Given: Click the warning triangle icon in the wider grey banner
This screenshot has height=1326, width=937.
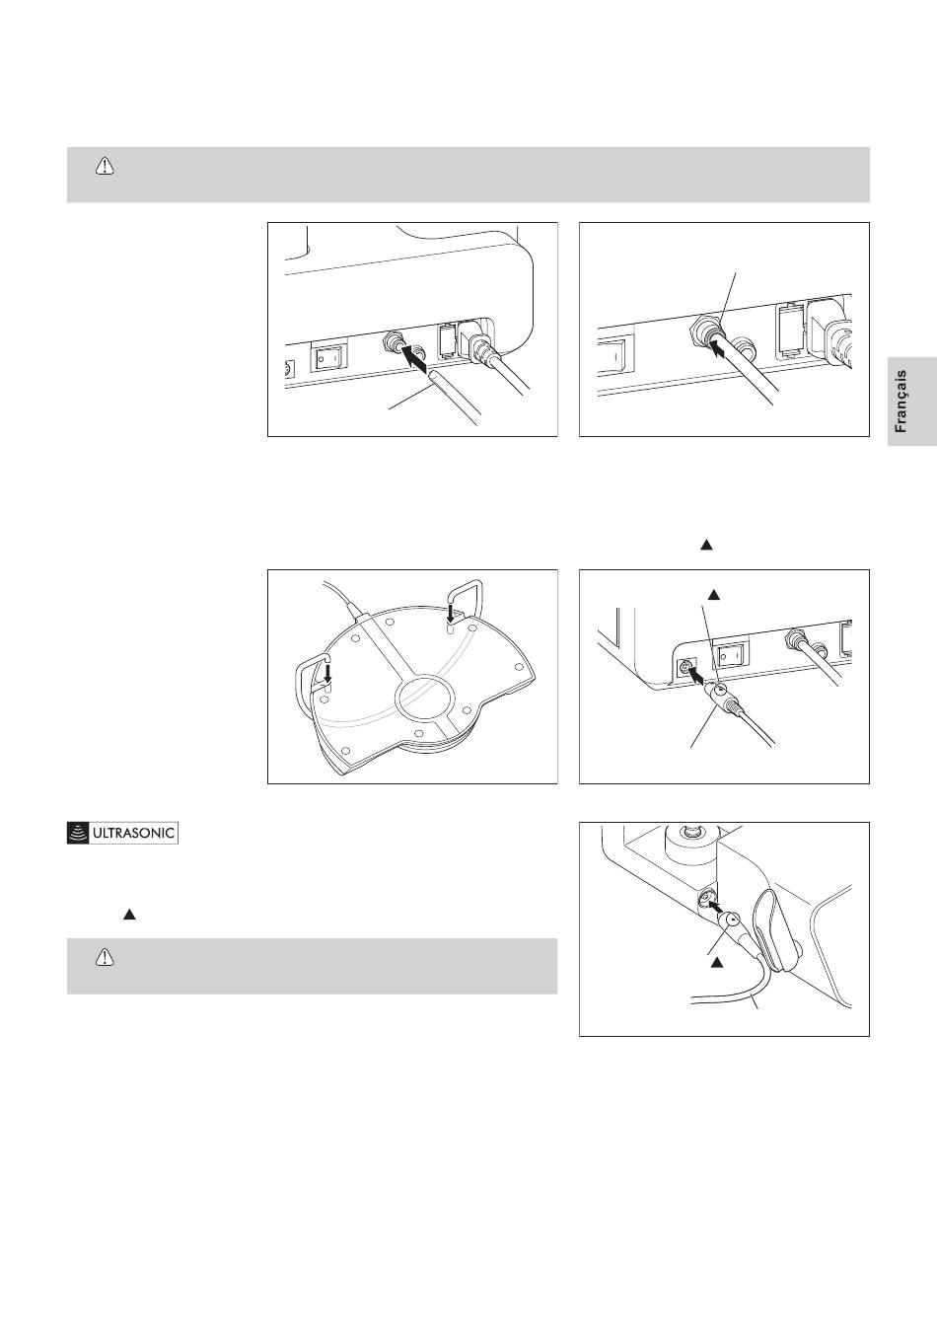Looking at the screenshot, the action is pyautogui.click(x=105, y=167).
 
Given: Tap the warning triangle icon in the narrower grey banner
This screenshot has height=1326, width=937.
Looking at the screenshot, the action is pyautogui.click(x=105, y=957).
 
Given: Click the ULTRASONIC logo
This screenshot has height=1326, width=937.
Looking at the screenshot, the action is pyautogui.click(x=122, y=834).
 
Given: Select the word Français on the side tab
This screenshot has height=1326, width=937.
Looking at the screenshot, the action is pyautogui.click(x=901, y=402).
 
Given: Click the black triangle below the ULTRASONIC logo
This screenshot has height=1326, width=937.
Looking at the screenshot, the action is pyautogui.click(x=129, y=915).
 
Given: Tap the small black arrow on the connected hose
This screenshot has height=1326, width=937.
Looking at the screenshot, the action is pyautogui.click(x=718, y=349).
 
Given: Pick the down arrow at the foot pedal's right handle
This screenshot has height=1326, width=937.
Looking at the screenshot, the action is pyautogui.click(x=452, y=612).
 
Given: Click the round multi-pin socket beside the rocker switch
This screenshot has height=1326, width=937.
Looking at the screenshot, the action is pyautogui.click(x=685, y=669).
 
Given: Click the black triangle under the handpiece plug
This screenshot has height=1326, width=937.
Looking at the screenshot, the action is pyautogui.click(x=716, y=963).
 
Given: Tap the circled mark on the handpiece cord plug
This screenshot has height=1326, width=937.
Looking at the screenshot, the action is pyautogui.click(x=733, y=920).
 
